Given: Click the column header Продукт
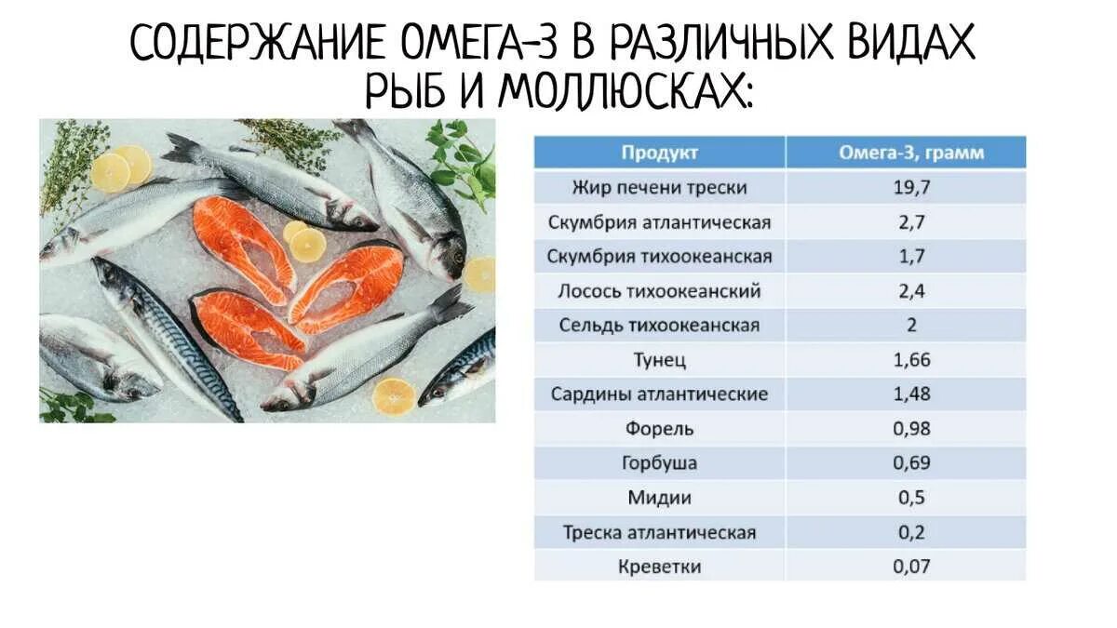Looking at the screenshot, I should tap(659, 153).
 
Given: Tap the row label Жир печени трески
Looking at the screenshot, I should tap(659, 188).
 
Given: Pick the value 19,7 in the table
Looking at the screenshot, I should tap(911, 188).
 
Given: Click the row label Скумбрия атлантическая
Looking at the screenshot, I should tap(659, 222).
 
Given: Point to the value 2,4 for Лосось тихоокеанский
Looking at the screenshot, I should tap(911, 291).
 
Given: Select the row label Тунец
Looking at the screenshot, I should tap(659, 360).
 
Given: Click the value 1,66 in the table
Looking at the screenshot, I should tap(911, 360).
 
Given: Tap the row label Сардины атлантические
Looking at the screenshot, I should tap(659, 394).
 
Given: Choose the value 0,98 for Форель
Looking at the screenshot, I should tap(911, 429).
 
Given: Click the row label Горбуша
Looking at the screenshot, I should tap(659, 463).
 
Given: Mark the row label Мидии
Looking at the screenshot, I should tap(659, 498).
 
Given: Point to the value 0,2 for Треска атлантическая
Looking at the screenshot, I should tap(911, 532).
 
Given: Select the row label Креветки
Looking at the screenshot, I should tap(659, 567).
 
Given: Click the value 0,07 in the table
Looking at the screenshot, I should tap(911, 567).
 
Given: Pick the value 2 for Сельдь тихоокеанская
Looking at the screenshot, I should tap(911, 326).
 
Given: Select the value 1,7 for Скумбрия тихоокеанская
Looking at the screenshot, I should tap(911, 257).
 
